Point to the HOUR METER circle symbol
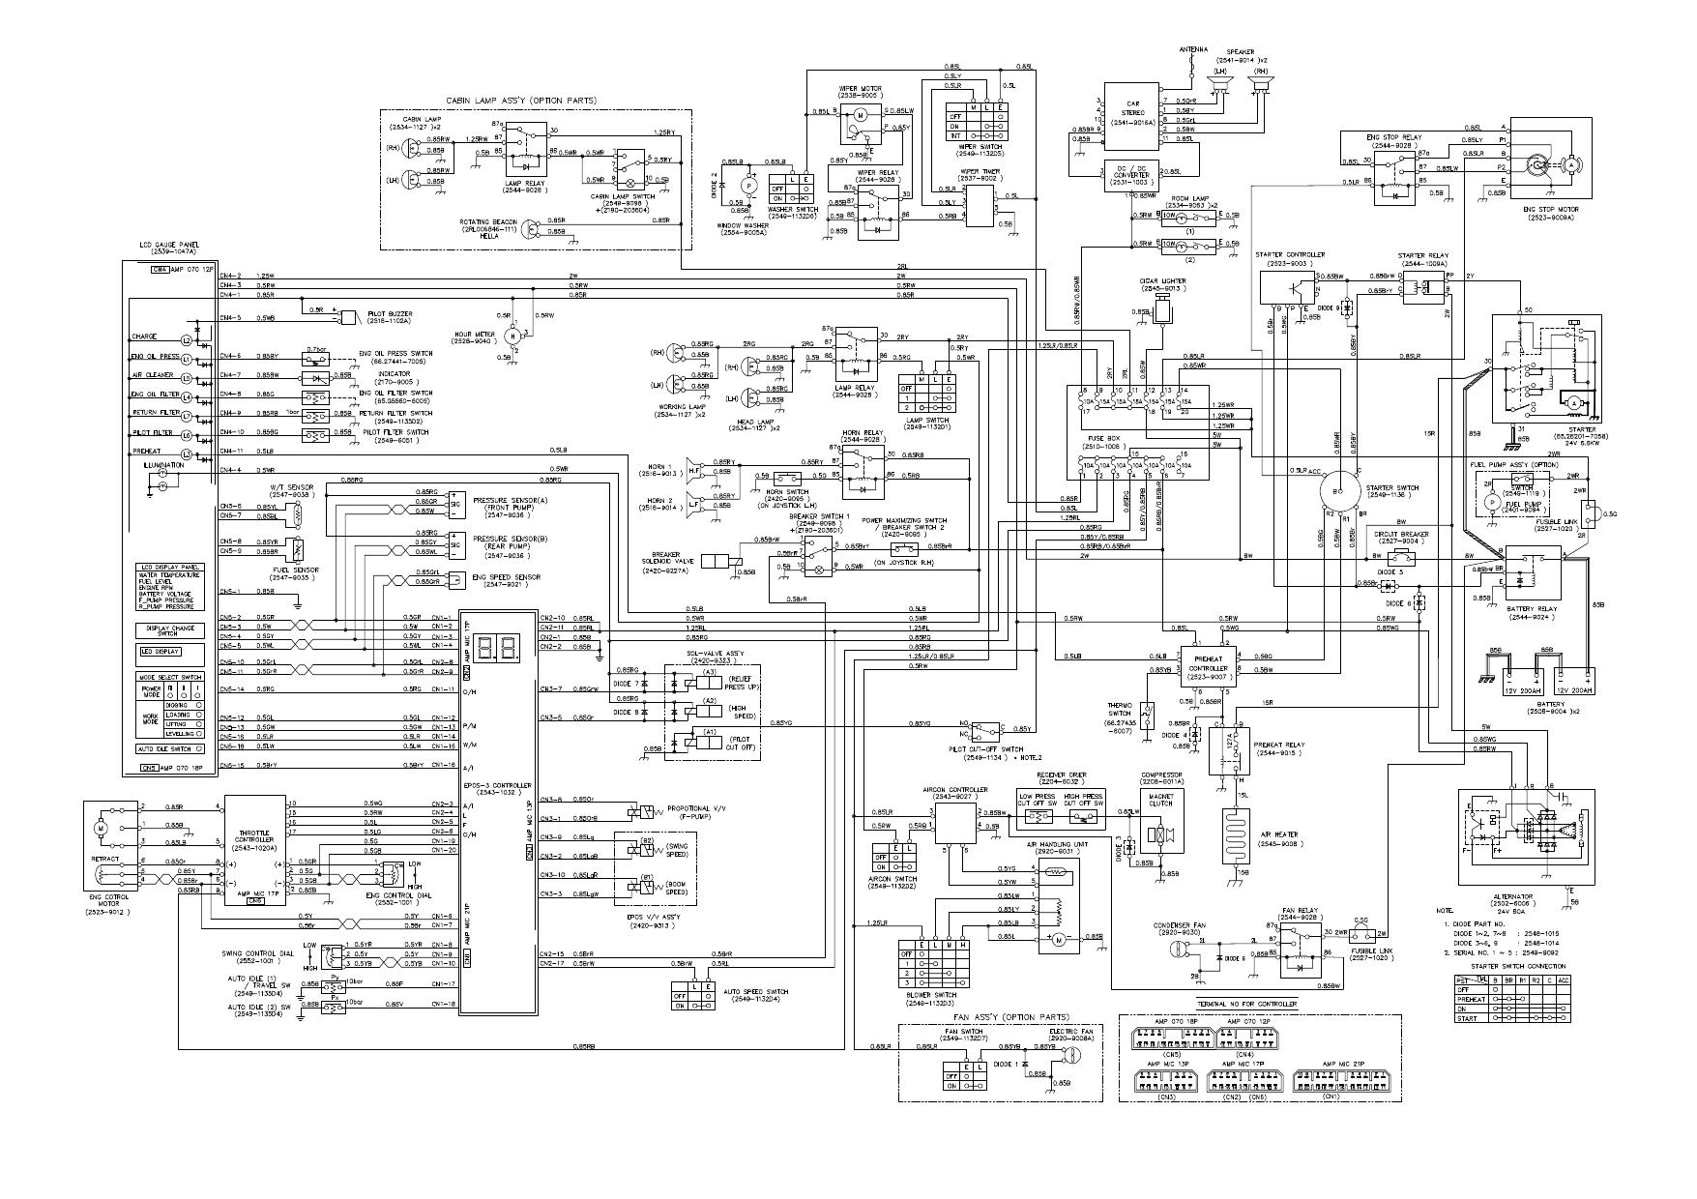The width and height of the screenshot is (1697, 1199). [514, 335]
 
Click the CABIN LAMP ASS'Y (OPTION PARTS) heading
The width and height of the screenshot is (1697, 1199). [521, 101]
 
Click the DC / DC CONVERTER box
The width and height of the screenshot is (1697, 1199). [1130, 176]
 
